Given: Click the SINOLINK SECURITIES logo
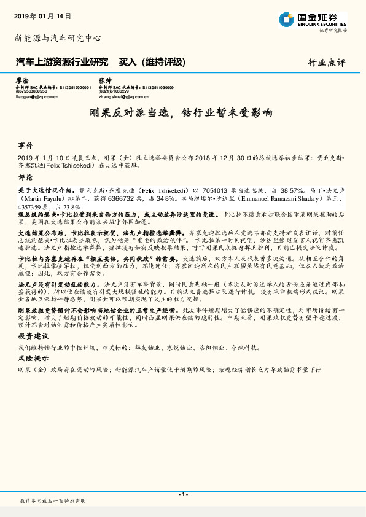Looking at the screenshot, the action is pyautogui.click(x=314, y=20).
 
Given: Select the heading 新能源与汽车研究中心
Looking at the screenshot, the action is pyautogui.click(x=58, y=38).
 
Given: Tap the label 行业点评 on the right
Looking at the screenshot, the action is pyautogui.click(x=327, y=63).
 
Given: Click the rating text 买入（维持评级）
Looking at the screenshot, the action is pyautogui.click(x=151, y=63).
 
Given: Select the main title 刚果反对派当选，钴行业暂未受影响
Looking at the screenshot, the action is pyautogui.click(x=183, y=114).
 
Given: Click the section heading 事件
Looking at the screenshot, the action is pyautogui.click(x=25, y=147).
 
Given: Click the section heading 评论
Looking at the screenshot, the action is pyautogui.click(x=25, y=177).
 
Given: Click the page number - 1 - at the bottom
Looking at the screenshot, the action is pyautogui.click(x=182, y=494).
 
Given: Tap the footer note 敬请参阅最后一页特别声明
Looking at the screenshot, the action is pyautogui.click(x=52, y=502).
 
